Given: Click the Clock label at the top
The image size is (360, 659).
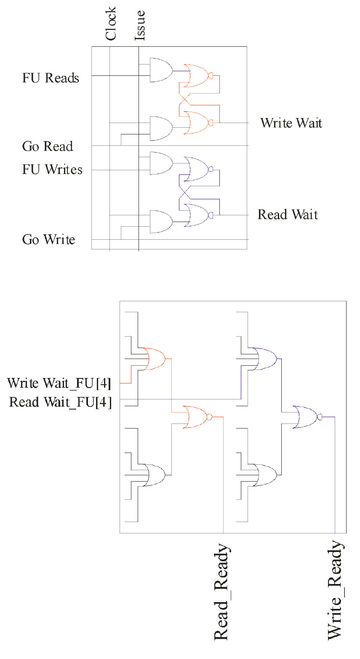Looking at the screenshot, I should pos(111,24).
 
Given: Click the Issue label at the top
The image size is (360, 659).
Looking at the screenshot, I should pos(140,26).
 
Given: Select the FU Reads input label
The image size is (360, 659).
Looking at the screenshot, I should pos(51,78).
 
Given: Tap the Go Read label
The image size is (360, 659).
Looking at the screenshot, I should pos(48,147).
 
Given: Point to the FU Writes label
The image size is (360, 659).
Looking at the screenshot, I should pos(52,169).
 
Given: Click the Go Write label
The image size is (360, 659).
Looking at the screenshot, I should pos(49,240).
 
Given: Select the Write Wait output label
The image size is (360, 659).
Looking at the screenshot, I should pos(291,123).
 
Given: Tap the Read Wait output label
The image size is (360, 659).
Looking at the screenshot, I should pos(288,215).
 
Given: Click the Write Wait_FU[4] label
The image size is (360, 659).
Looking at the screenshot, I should pos(59,383).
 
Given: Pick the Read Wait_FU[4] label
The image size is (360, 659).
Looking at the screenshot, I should pos(61,402).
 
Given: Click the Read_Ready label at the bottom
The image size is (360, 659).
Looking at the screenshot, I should pos(222,592).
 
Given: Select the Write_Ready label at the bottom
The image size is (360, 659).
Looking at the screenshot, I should pos(336,590).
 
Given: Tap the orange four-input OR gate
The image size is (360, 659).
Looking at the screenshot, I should pos(154,359).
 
